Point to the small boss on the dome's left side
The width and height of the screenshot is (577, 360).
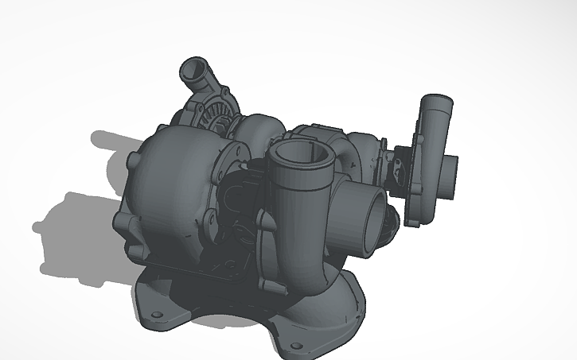tap(131, 163)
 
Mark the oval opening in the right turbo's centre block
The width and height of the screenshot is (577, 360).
tap(396, 168)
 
